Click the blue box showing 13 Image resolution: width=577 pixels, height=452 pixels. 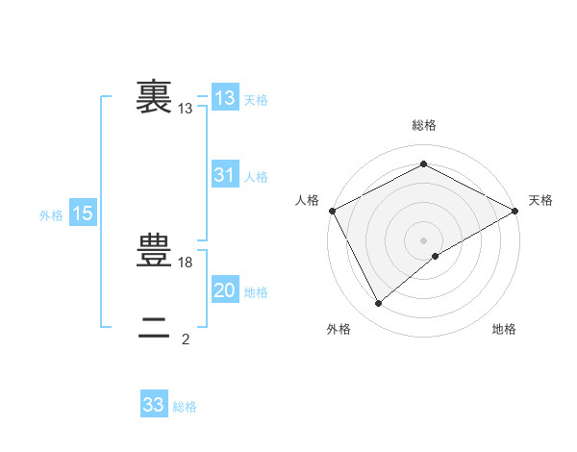coord(225,98)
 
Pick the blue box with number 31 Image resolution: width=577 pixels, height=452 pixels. coord(225,175)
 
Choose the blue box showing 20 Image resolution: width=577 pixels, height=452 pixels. coord(225,290)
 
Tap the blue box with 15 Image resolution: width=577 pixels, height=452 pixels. coord(83,213)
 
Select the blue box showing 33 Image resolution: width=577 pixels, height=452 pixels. coord(154,405)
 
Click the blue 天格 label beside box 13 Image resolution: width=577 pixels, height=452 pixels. coord(256,100)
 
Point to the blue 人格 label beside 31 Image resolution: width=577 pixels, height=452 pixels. coord(256,177)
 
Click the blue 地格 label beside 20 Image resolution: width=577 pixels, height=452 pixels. coord(256,292)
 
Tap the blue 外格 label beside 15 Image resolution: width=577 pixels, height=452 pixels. coord(51,216)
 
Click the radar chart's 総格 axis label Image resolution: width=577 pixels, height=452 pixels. coord(423,126)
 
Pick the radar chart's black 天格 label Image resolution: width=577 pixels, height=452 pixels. coord(540,200)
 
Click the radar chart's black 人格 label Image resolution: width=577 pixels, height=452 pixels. coord(307,200)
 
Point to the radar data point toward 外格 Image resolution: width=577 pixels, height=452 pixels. coord(379,304)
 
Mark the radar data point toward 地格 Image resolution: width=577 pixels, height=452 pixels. coord(436,256)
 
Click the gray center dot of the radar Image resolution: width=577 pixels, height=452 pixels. coord(423,239)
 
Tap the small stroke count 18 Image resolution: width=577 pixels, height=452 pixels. coord(187,263)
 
